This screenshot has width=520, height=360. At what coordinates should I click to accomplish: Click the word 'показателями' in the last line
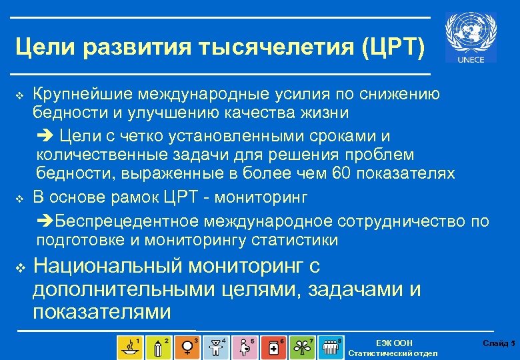point(101,311)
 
